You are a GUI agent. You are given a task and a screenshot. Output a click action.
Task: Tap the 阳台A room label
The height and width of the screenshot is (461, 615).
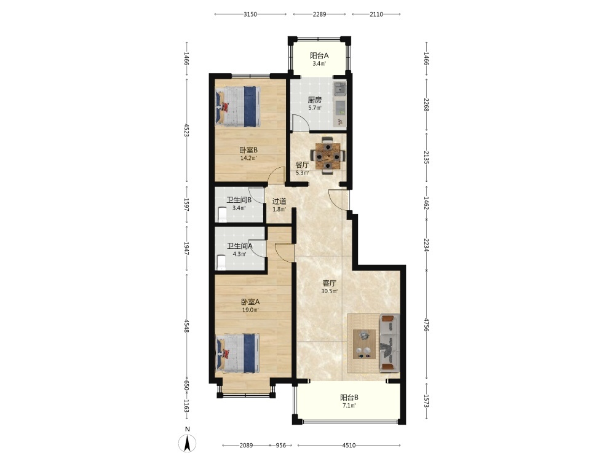point(319,56)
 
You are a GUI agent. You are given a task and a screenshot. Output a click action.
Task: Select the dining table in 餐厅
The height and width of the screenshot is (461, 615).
point(328,156)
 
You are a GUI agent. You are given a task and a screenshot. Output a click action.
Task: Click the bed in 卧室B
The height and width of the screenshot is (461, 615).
point(237,106)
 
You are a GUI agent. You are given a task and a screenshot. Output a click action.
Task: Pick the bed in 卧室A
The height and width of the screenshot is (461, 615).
point(237,353)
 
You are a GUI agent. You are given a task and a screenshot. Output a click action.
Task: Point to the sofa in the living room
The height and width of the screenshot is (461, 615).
point(389,342)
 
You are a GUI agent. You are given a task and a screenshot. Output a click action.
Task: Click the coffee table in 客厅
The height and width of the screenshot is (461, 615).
point(364,344)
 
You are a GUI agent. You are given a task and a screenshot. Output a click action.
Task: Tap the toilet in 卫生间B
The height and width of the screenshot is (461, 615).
point(223,215)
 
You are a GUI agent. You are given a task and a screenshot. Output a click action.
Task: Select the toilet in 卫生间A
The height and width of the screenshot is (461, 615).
point(221,262)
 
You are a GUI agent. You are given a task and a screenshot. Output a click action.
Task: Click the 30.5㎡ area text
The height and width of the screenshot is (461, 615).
point(330,291)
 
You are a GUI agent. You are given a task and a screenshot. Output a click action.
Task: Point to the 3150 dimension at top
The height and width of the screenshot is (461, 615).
point(250,15)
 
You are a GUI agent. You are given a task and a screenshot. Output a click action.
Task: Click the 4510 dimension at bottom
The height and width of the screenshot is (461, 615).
point(349,445)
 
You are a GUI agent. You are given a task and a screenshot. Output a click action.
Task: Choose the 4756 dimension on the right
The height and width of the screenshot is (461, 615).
point(426,324)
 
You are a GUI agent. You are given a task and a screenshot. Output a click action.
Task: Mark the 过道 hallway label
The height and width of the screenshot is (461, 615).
point(279,202)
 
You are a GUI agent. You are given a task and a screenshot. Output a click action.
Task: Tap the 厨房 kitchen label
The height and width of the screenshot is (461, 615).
point(315,100)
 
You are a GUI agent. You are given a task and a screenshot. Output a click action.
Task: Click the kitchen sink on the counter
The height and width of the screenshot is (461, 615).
point(339,89)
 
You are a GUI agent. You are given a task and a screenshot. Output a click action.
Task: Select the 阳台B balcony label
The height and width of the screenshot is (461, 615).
point(349,398)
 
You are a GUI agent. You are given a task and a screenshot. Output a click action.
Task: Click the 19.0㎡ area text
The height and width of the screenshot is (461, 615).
point(250,310)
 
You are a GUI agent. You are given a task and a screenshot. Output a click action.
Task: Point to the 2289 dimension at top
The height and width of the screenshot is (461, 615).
point(319,15)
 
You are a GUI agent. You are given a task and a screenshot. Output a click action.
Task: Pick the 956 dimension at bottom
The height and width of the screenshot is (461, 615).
point(281,445)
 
